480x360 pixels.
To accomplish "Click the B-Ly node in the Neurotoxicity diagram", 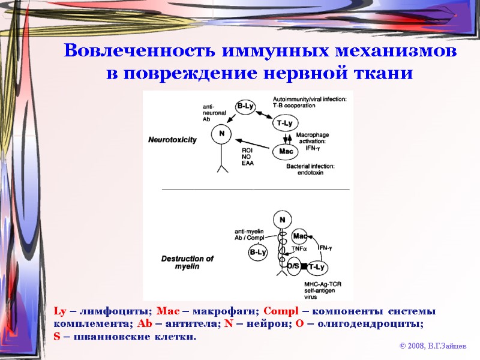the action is point(245,107).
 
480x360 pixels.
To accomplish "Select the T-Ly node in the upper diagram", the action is point(285,123).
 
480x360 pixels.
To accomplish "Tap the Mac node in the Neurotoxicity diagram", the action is point(285,151).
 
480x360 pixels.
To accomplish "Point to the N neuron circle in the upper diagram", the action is point(221,133).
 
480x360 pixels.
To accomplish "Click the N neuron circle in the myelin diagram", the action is point(282,220).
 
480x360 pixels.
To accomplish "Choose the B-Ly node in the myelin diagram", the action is point(257,253).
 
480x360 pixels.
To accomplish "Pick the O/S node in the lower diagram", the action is point(293,266).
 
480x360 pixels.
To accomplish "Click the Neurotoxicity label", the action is point(173,139).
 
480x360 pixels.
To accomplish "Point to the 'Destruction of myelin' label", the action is point(187,262).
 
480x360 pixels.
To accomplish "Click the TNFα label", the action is point(299,247).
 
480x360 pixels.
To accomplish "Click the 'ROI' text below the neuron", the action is point(247,150).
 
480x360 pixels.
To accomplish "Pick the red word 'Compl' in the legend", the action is point(279,311).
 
